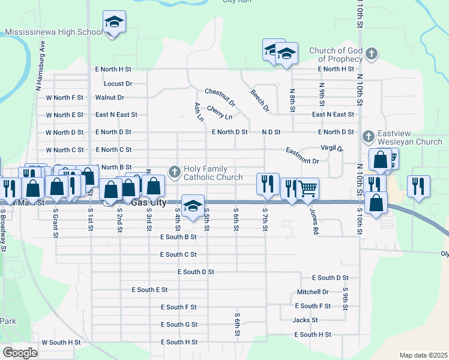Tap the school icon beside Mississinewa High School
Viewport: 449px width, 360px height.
pos(113,23)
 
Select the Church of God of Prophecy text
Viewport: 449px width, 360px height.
pos(336,55)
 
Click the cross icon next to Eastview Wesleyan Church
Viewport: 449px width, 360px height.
pos(368,137)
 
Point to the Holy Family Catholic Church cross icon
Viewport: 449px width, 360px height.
pos(175,173)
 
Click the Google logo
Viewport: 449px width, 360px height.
pos(20,352)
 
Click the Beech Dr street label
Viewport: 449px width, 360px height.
pos(260,100)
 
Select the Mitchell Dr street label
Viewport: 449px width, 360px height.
pos(313,292)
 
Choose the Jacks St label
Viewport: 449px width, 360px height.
pos(305,320)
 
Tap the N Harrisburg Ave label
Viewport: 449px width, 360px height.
pos(40,65)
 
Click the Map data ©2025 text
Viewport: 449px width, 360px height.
pos(424,355)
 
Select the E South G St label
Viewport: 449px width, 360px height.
pos(178,325)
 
